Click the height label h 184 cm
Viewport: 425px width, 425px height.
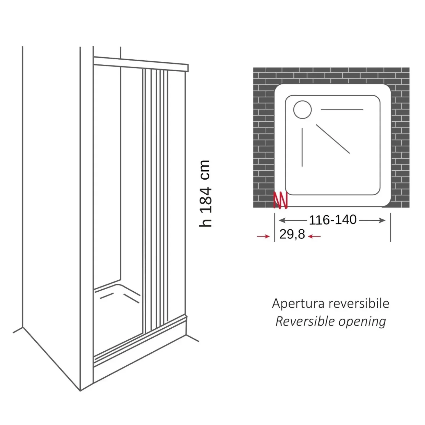tap(205, 193)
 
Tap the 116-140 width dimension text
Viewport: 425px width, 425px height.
tap(333, 220)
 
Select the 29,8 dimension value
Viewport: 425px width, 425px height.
tap(292, 234)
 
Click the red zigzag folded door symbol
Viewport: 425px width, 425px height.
tap(281, 200)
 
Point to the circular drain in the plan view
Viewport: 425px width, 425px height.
tap(302, 110)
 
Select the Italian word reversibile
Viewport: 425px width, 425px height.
tap(359, 304)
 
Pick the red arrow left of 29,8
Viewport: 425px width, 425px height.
tap(263, 236)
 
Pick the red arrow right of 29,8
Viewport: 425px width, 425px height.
tap(314, 236)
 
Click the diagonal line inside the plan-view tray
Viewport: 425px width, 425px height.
tap(333, 139)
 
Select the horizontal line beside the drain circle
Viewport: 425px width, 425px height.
tap(342, 110)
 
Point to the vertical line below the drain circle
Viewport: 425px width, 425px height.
tap(302, 147)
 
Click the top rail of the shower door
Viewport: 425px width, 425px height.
tap(141, 64)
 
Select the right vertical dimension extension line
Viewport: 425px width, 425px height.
tap(391, 227)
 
